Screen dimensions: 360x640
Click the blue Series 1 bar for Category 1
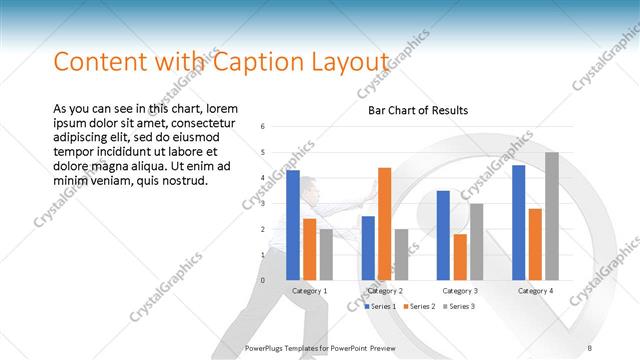tap(293, 225)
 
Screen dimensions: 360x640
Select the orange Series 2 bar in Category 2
tap(385, 224)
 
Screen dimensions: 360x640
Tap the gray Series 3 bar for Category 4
tap(552, 216)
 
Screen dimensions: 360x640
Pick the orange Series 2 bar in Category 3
tap(460, 257)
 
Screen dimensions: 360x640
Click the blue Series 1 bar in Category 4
tap(518, 222)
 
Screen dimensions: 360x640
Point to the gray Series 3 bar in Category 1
tap(326, 254)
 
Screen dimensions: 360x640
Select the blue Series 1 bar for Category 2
tap(368, 248)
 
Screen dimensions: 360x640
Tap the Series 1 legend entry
tap(380, 306)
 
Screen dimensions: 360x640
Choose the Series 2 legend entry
tap(418, 306)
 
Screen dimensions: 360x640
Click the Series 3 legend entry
tap(457, 306)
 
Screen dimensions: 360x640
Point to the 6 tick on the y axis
tap(261, 127)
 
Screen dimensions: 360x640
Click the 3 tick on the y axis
tap(261, 204)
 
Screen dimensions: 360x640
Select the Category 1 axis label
tap(309, 290)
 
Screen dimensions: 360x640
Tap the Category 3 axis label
tap(460, 290)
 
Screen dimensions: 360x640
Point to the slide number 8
tap(590, 347)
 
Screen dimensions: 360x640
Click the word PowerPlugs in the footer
tap(267, 347)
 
